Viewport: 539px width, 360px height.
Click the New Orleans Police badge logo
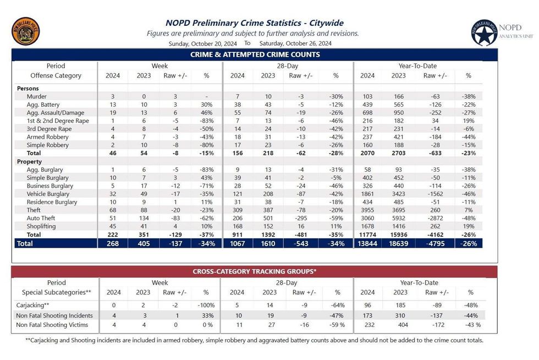25,31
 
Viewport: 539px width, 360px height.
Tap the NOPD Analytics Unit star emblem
485,33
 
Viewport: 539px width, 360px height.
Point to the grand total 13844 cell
368,243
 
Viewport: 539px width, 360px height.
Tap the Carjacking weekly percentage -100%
206,304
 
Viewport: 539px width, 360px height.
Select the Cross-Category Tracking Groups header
254,271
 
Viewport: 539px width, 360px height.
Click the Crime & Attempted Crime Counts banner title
255,54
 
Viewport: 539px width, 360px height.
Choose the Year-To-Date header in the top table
418,66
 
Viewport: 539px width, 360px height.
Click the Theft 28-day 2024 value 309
237,210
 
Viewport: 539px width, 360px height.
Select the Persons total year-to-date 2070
368,153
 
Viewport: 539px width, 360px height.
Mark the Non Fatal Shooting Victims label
54,325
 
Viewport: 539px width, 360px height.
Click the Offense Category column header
56,75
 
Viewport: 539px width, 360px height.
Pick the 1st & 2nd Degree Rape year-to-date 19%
468,121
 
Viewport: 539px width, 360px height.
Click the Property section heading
30,161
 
